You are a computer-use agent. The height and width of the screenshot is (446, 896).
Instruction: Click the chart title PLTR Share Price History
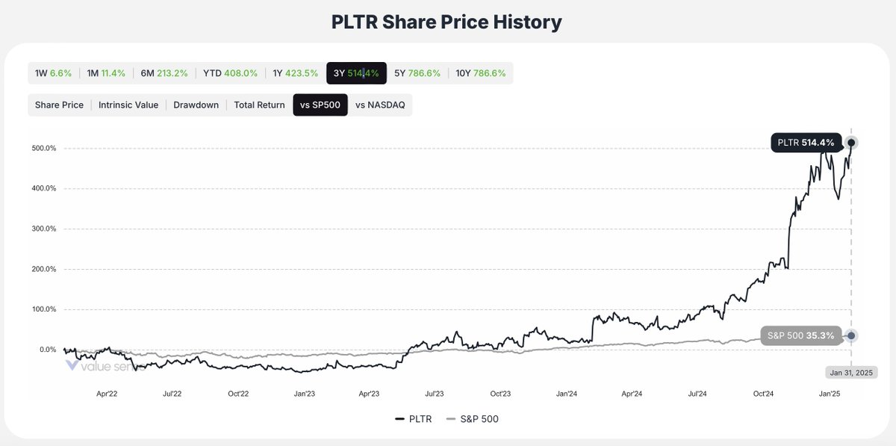(x=447, y=22)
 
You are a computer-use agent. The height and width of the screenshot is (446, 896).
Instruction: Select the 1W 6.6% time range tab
(x=53, y=73)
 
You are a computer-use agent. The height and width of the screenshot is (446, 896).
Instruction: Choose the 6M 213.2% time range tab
(x=164, y=73)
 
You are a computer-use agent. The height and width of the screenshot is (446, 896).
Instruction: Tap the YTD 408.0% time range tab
(x=230, y=73)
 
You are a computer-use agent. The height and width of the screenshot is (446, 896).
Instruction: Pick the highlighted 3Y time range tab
(x=356, y=73)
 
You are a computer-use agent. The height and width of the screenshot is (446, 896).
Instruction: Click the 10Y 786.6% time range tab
(x=482, y=73)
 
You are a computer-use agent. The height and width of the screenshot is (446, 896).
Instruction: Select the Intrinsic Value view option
(x=128, y=105)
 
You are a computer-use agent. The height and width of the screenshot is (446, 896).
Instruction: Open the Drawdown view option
(x=196, y=105)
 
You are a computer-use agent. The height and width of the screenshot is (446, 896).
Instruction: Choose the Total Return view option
(x=259, y=105)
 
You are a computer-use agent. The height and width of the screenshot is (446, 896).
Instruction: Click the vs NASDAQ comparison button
(x=380, y=105)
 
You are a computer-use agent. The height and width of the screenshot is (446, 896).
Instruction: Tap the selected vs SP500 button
(x=320, y=105)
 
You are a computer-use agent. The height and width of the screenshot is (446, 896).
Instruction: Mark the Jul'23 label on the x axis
(x=435, y=393)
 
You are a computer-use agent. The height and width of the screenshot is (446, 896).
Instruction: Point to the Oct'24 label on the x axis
(x=763, y=393)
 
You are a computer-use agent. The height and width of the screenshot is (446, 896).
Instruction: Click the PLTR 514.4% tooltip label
(x=806, y=143)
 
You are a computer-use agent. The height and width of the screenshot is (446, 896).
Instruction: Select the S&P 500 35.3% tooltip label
(x=801, y=335)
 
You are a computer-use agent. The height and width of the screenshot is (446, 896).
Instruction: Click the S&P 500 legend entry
(x=472, y=419)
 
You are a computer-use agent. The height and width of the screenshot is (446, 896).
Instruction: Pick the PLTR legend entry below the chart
(x=415, y=419)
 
